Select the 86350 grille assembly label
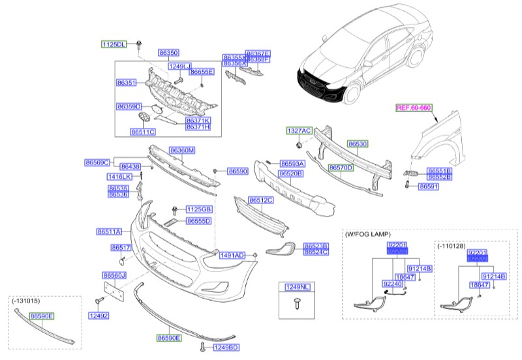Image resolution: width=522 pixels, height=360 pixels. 168,53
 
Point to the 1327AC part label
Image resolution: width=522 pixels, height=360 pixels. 299,130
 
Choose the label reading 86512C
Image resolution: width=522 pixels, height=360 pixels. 261,200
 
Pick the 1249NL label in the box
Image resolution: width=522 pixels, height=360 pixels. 297,287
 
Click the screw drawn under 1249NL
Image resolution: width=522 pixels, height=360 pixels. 297,301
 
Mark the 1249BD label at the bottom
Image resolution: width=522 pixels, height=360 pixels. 226,346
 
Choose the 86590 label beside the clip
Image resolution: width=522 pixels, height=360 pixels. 238,171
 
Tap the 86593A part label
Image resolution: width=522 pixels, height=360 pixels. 292,163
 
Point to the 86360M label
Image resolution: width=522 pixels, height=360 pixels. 182,150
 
